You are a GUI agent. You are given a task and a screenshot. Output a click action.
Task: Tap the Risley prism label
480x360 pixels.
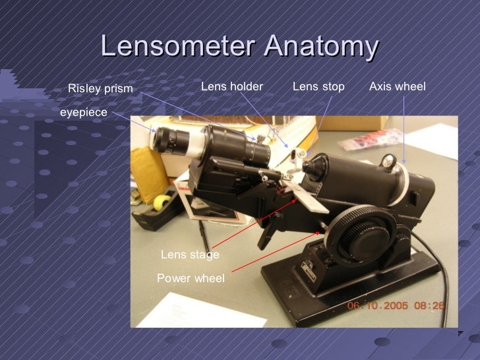(100, 88)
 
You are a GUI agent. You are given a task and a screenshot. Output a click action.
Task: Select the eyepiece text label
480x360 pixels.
(83, 113)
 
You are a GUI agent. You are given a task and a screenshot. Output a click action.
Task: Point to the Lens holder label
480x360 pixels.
(231, 86)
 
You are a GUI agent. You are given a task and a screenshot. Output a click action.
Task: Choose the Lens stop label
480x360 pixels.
(318, 86)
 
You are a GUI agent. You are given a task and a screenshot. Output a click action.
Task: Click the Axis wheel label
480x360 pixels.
(397, 86)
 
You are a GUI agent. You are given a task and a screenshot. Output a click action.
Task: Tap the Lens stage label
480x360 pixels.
(190, 255)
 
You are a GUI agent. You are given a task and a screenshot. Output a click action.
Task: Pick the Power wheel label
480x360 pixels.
(191, 278)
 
